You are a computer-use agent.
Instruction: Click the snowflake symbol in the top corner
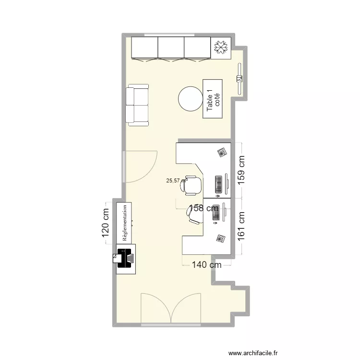pos(221,48)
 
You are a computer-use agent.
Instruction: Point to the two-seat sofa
pos(138,105)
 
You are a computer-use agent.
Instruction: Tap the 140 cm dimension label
pos(207,264)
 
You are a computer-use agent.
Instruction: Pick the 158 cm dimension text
pos(204,208)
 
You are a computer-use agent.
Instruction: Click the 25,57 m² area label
pos(177,180)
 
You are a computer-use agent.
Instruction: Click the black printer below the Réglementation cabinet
pos(125,258)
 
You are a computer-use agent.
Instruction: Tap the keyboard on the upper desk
pos(219,184)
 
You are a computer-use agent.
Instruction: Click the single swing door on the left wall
pos(140,167)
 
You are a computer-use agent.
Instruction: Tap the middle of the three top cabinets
pos(171,48)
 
